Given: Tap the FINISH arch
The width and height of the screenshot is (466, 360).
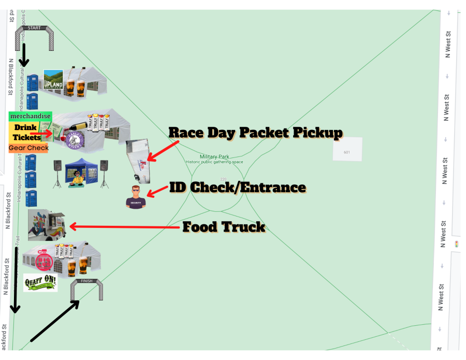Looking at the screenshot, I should (x=86, y=290).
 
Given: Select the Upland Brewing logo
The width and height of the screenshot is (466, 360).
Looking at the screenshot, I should (x=53, y=80).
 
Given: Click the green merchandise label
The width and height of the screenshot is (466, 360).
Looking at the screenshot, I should (x=30, y=116).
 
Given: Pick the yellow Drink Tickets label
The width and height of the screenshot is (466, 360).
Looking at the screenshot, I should (x=27, y=132).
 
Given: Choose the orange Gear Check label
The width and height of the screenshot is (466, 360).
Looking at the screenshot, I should (x=28, y=148).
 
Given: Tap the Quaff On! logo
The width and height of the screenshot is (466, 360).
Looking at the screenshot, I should (x=40, y=283).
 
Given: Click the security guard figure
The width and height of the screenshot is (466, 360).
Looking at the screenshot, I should (x=136, y=197).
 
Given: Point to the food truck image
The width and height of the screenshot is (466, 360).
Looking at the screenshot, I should (x=47, y=225).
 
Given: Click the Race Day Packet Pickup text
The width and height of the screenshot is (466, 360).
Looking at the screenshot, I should (x=255, y=133).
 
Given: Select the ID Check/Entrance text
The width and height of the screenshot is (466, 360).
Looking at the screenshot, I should (x=238, y=188).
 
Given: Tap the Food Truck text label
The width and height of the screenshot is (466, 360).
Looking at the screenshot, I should (x=223, y=227).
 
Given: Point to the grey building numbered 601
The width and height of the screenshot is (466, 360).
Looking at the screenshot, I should (x=347, y=149).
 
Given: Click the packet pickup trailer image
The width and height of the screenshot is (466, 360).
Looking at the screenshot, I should (x=140, y=160).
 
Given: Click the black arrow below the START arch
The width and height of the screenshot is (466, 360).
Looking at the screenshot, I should (x=23, y=55).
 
